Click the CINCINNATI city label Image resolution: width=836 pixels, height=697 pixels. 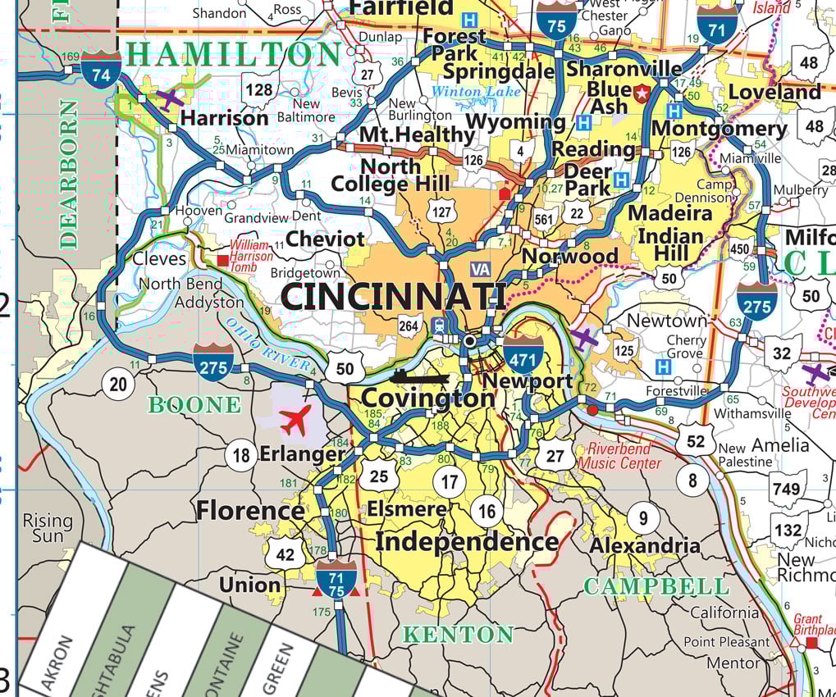point(393,296)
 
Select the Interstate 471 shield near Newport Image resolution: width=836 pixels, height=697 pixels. point(523,353)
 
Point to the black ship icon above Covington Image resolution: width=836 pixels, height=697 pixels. point(419,378)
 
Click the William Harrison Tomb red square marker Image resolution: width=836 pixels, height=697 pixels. point(222,261)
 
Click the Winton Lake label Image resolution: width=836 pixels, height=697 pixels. point(476,92)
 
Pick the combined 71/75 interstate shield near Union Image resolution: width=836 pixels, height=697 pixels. point(336,578)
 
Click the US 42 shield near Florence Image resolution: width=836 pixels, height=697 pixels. point(285,554)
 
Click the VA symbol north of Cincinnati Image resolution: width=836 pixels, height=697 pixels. point(481,268)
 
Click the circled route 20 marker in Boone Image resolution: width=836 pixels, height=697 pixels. point(119,385)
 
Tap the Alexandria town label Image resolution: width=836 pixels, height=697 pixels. point(645,545)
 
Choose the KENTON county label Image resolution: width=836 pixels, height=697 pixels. point(458,634)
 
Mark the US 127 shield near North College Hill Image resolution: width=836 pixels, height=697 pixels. point(441,212)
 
